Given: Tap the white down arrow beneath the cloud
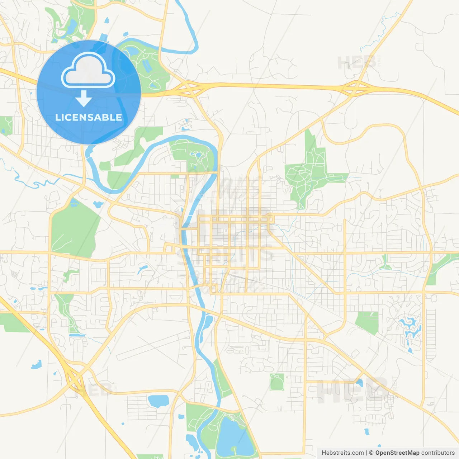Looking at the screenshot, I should pos(84,98).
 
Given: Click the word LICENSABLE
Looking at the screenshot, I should pos(89,117).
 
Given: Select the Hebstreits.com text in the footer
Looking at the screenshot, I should pos(342,453).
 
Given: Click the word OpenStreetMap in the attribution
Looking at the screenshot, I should pos(397,453).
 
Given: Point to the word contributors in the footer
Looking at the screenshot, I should pos(438,453).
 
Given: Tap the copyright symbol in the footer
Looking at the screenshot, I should pos(371,453).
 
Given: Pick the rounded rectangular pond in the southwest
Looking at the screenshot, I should pos(158,401).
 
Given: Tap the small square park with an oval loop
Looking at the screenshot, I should pos(277,382).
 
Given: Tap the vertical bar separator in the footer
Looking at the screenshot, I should pos(366,453).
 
